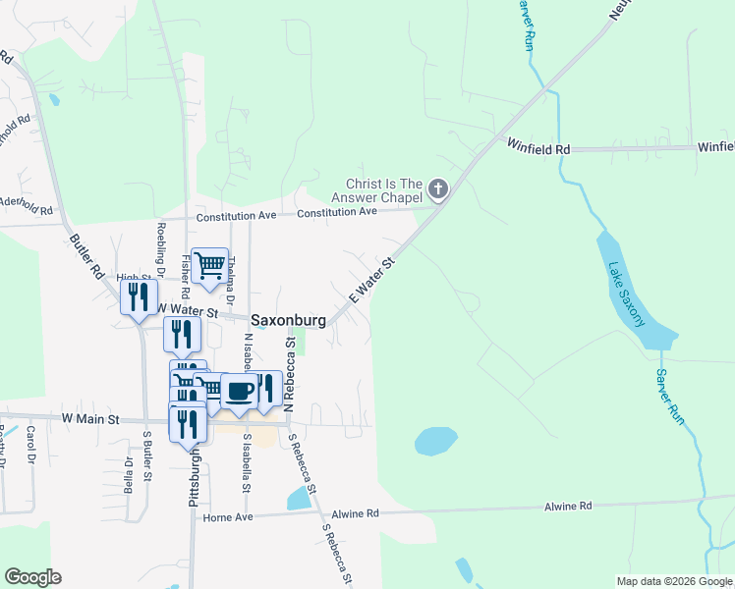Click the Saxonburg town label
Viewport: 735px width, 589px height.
[287, 320]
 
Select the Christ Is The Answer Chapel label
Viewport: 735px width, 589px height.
[384, 191]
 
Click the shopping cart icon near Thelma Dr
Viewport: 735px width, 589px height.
[209, 265]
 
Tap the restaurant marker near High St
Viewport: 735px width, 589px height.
[139, 296]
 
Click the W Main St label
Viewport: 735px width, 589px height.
[89, 419]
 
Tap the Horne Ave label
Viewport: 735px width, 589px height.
[228, 517]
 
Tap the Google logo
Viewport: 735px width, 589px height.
[32, 577]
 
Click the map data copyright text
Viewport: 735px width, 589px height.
[674, 581]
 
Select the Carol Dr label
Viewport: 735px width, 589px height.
[31, 446]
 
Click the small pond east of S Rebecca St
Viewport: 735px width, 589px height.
[435, 442]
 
